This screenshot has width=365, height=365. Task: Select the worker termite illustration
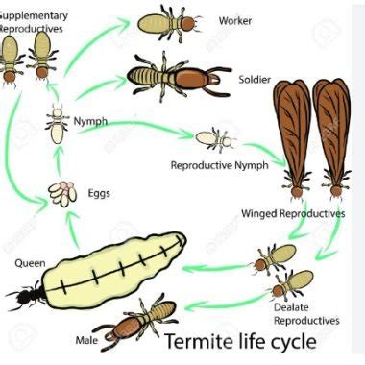pyautogui.click(x=173, y=22)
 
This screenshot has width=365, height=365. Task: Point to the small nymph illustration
pyautogui.click(x=57, y=123)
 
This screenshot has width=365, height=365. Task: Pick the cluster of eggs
pyautogui.click(x=63, y=193)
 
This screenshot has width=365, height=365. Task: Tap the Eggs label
pyautogui.click(x=98, y=193)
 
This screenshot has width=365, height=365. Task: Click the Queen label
pyautogui.click(x=30, y=261)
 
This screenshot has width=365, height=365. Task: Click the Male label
pyautogui.click(x=86, y=339)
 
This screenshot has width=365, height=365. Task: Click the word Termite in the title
pyautogui.click(x=198, y=343)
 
